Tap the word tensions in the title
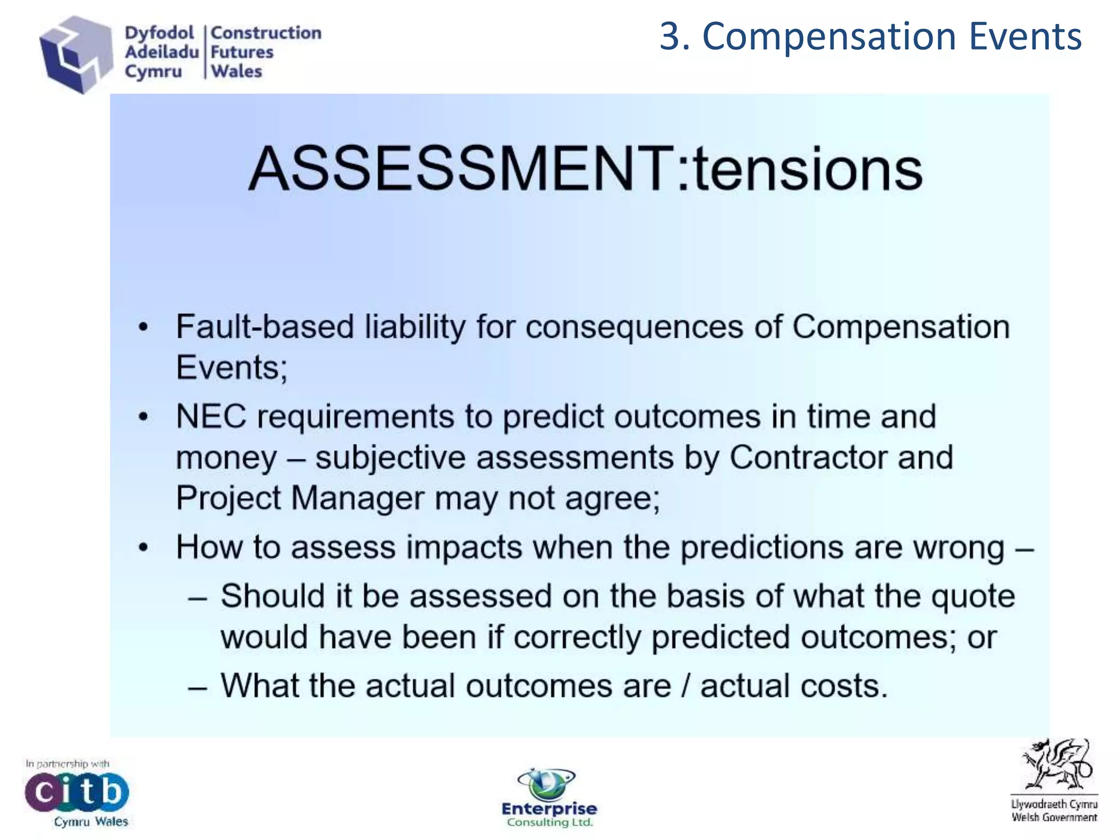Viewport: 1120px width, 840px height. point(808,170)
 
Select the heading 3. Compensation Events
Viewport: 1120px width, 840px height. point(870,37)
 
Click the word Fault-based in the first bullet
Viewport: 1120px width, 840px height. point(265,327)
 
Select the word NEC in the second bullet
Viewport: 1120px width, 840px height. point(211,417)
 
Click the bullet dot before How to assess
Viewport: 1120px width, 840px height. point(143,547)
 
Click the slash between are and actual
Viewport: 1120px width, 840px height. point(686,686)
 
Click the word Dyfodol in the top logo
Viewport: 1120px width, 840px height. point(159,33)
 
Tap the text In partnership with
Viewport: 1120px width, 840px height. point(67,763)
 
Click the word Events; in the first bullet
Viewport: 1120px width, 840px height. point(231,367)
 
